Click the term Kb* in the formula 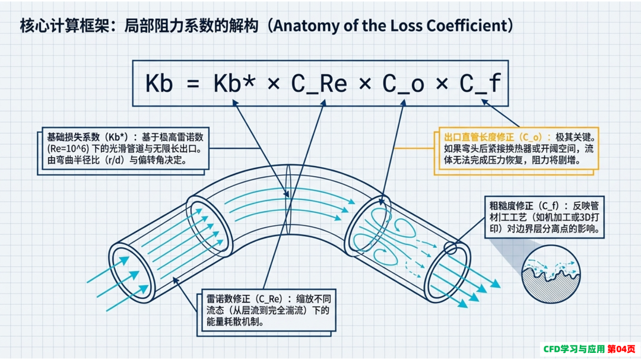(x=234, y=84)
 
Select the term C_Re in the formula (x=319, y=84)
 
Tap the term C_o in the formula (x=403, y=84)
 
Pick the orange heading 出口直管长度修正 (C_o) (x=497, y=138)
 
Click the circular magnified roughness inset (x=551, y=274)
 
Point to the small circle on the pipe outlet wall (x=450, y=248)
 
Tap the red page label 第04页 (x=621, y=349)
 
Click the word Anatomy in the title (x=301, y=26)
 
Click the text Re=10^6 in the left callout (x=68, y=149)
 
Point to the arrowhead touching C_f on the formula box (x=485, y=102)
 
